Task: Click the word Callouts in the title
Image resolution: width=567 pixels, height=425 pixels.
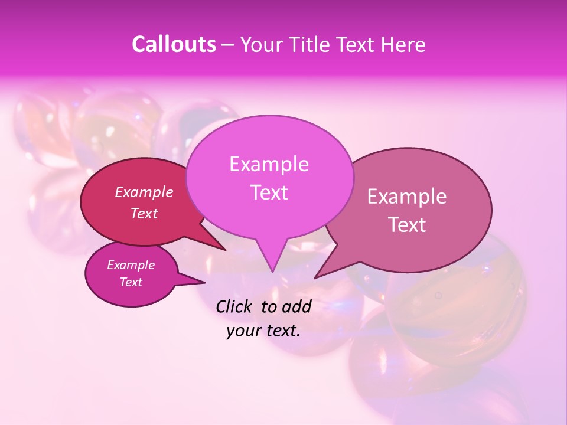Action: pyautogui.click(x=174, y=45)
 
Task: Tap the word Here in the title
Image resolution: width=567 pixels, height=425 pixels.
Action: pyautogui.click(x=402, y=45)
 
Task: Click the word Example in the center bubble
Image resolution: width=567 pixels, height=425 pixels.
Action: pyautogui.click(x=269, y=164)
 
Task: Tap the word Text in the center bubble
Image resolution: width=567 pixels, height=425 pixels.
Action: pyautogui.click(x=269, y=192)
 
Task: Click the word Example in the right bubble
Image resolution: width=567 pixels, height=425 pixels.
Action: pyautogui.click(x=407, y=197)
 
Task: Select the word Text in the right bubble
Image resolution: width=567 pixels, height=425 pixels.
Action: pyautogui.click(x=407, y=225)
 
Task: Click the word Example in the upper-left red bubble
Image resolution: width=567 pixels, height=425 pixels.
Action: pyautogui.click(x=144, y=192)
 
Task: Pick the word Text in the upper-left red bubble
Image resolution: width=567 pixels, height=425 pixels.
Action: pyautogui.click(x=144, y=214)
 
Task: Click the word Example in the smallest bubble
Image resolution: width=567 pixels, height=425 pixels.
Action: pyautogui.click(x=131, y=265)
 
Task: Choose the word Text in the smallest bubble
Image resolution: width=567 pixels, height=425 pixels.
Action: pyautogui.click(x=131, y=282)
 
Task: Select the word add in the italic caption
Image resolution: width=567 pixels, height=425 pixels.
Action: pyautogui.click(x=297, y=306)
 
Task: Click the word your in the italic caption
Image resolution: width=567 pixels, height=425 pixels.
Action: pyautogui.click(x=243, y=331)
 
